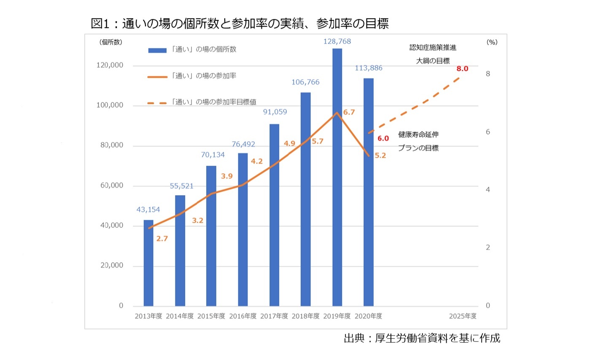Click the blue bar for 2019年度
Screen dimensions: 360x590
pos(337,177)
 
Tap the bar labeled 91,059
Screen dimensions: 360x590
pos(274,215)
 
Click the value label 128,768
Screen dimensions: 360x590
pos(337,41)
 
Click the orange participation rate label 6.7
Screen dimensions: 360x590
pos(349,112)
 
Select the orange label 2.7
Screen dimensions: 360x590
pos(162,239)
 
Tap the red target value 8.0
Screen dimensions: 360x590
pos(462,68)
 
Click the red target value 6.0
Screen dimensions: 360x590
pos(383,138)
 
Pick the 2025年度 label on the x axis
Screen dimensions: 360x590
pos(463,316)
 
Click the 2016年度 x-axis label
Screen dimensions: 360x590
pos(243,316)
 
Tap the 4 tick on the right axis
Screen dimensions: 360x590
pos(488,190)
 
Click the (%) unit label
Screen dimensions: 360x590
pos(492,42)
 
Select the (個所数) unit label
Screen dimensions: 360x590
pos(110,42)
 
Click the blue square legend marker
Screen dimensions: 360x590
pos(158,50)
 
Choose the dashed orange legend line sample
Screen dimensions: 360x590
pos(158,102)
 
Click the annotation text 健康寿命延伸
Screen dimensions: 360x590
pos(418,135)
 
